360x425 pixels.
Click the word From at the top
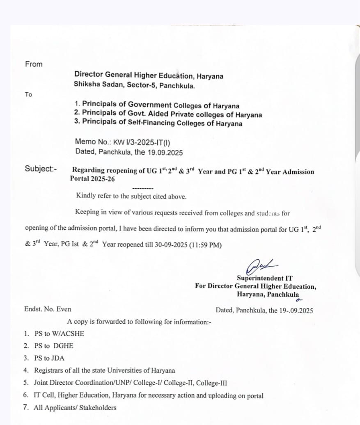[34, 64]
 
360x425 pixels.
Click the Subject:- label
[41, 169]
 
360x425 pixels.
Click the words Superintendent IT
[265, 278]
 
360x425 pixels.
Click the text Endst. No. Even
[48, 309]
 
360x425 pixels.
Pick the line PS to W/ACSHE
[59, 334]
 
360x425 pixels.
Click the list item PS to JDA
[49, 358]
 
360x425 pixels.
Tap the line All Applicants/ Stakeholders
[75, 408]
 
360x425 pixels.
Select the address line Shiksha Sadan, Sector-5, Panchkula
[135, 85]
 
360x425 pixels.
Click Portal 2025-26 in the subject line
[92, 179]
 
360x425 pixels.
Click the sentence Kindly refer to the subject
[131, 196]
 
